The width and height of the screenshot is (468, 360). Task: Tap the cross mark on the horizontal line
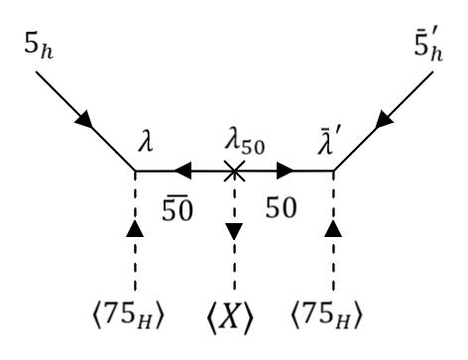[x=234, y=172]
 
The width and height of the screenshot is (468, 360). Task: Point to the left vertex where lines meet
[x=135, y=172]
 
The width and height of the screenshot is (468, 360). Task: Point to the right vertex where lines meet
[x=333, y=172]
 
